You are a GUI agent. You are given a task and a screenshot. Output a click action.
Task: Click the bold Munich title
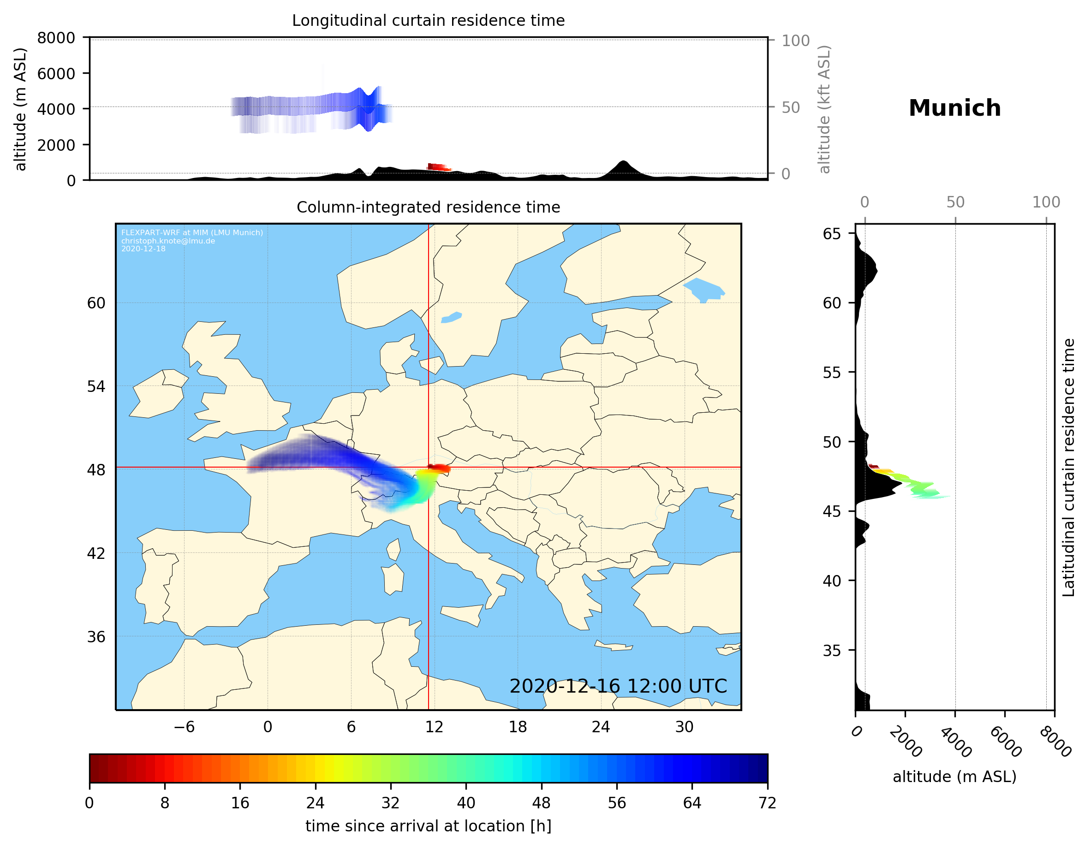954,108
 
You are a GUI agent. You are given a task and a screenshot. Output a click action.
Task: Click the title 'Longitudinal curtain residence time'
428,20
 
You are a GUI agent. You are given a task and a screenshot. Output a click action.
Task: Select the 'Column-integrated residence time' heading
428,207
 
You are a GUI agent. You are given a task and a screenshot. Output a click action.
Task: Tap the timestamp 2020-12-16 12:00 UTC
618,686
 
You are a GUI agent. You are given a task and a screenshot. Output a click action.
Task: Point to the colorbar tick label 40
465,803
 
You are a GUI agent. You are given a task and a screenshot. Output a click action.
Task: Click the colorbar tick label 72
767,803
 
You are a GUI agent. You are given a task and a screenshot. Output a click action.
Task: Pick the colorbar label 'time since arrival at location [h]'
428,826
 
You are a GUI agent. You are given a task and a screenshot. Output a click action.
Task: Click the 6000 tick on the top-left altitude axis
56,73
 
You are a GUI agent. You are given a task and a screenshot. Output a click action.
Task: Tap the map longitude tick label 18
518,727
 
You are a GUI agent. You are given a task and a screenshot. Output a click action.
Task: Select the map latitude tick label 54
96,386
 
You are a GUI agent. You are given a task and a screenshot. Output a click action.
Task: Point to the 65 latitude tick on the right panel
832,234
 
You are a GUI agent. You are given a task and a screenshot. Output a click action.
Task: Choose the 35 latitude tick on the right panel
832,650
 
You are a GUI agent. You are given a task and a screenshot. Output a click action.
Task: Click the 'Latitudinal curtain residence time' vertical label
1068,467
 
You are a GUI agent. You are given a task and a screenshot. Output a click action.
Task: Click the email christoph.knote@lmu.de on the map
168,241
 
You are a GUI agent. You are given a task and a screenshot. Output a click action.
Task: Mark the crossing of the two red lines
429,468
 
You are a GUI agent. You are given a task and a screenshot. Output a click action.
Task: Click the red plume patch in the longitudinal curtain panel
439,167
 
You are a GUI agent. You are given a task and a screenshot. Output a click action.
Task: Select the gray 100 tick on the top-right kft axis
795,41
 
